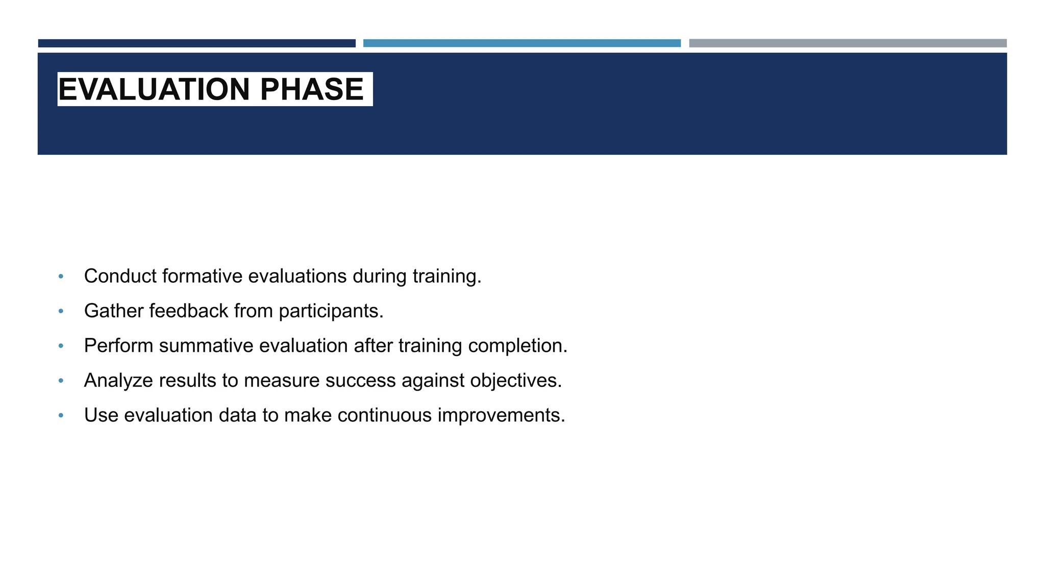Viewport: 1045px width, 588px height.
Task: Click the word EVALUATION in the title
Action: coord(154,89)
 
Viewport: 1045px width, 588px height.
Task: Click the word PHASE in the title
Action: coord(311,89)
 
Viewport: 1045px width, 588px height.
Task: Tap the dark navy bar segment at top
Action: coord(196,43)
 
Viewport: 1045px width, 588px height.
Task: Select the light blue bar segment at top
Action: coord(521,43)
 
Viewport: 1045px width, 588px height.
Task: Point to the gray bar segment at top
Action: coord(848,43)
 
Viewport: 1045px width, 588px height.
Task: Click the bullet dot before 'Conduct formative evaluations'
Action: coord(61,277)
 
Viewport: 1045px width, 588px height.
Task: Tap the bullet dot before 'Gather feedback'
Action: coord(61,311)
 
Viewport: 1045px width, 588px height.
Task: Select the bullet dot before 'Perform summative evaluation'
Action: coord(61,346)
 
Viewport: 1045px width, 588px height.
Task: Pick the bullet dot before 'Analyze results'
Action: coord(61,381)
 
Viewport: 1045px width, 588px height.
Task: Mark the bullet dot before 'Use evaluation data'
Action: coord(61,415)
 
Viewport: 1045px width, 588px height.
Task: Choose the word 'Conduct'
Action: coord(120,276)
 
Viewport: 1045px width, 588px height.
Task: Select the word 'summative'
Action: coord(206,346)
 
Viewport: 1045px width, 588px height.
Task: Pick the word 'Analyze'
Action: coord(118,381)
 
